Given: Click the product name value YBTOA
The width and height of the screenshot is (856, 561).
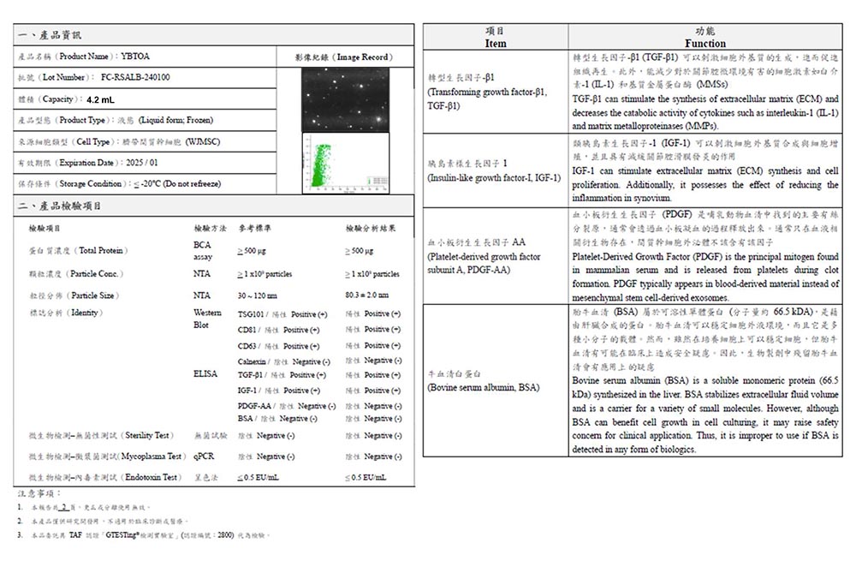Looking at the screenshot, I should tap(134, 56).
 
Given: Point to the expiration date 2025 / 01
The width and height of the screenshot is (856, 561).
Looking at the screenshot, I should tap(141, 163).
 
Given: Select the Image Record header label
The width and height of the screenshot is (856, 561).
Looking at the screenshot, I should tap(342, 57).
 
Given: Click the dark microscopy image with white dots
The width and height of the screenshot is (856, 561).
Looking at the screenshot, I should tap(345, 99).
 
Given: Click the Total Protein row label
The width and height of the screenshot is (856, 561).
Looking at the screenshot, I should tap(80, 251).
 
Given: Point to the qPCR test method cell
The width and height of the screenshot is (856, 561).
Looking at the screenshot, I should tap(204, 457).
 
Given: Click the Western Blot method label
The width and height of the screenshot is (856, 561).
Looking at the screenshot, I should tap(202, 319).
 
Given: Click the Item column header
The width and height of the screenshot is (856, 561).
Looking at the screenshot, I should tap(496, 43).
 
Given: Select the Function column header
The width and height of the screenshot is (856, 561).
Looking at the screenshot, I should tap(705, 43).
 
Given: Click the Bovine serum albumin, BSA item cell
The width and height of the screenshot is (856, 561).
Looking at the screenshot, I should tap(484, 387).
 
